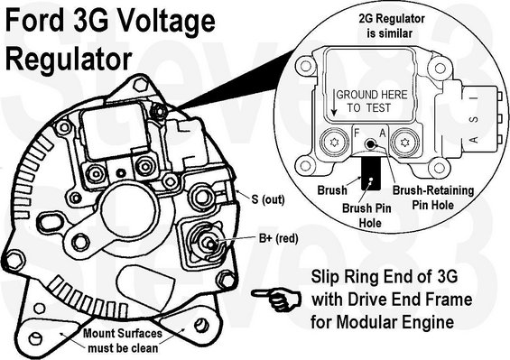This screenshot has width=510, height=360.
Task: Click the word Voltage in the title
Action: click(164, 22)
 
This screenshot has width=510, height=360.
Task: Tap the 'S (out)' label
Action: click(268, 199)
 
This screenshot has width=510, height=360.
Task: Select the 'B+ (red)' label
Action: click(278, 239)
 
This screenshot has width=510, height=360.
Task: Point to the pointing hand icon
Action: click(277, 300)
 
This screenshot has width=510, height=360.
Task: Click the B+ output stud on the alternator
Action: click(209, 243)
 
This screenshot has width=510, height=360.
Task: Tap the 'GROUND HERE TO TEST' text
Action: click(371, 101)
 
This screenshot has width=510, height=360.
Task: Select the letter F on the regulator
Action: click(357, 133)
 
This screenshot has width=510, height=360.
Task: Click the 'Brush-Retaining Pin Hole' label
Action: click(433, 198)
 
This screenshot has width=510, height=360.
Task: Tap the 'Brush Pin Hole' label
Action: click(366, 216)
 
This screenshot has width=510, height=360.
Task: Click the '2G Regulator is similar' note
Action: click(392, 25)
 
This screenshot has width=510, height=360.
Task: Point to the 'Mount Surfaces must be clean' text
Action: click(123, 340)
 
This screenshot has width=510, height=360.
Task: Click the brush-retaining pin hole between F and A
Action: click(370, 143)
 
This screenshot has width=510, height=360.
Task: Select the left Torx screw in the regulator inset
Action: click(334, 143)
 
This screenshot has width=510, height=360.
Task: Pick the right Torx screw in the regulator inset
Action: click(404, 143)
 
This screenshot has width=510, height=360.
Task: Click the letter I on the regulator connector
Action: click(475, 97)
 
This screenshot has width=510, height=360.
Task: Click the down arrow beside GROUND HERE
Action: click(334, 103)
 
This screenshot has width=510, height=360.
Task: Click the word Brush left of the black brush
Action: click(332, 189)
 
